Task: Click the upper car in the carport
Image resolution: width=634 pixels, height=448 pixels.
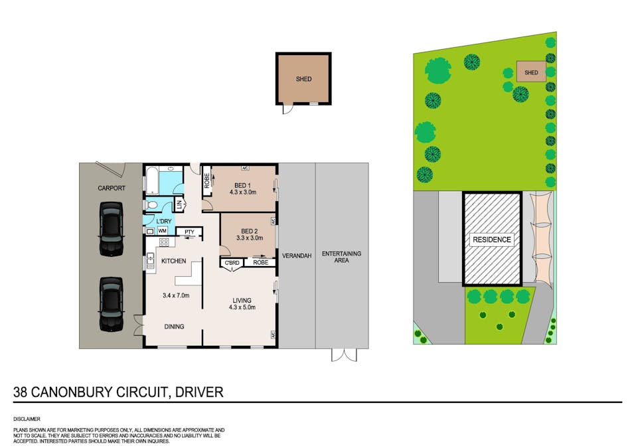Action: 111,229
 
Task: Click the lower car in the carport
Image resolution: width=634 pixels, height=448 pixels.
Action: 111,304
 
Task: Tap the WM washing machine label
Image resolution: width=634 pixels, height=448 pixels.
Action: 162,231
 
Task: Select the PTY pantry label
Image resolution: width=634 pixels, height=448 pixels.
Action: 189,232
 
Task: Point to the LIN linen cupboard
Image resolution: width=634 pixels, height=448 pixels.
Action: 179,205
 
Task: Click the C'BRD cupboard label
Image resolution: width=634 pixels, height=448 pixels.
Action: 232,263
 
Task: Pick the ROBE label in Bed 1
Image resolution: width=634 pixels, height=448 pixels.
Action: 207,181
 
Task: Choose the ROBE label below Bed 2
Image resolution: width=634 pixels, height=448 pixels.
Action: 260,262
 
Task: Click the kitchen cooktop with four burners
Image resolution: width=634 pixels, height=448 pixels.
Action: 164,243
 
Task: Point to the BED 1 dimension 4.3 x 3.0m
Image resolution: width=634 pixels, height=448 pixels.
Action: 242,192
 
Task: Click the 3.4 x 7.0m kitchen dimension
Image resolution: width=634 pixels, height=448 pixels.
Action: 176,295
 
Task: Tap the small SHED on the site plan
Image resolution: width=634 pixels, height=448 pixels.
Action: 531,72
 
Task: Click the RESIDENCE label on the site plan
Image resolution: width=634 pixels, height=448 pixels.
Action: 492,240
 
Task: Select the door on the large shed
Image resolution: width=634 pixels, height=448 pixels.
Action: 287,108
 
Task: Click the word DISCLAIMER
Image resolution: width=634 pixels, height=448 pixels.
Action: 27,419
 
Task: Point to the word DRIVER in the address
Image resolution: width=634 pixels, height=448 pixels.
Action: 199,392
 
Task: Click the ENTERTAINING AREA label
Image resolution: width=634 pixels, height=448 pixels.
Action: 341,257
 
